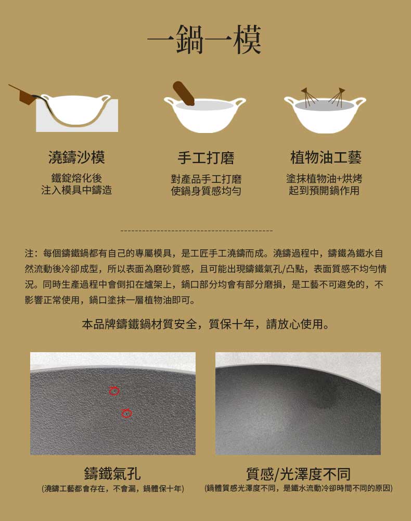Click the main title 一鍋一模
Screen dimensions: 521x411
pyautogui.click(x=204, y=40)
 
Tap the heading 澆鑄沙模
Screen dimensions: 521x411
pyautogui.click(x=76, y=157)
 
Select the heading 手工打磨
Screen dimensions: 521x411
pyautogui.click(x=205, y=157)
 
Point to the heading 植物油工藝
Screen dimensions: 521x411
pyautogui.click(x=326, y=157)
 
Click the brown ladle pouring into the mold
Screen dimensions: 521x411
pyautogui.click(x=24, y=95)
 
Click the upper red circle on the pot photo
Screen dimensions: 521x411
pyautogui.click(x=114, y=391)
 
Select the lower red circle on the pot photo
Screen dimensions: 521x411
pyautogui.click(x=126, y=413)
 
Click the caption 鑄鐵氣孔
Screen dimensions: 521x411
pyautogui.click(x=112, y=474)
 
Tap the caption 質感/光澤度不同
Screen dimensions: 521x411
pyautogui.click(x=298, y=474)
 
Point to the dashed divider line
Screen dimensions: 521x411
pyautogui.click(x=196, y=230)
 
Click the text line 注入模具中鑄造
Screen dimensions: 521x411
pyautogui.click(x=76, y=190)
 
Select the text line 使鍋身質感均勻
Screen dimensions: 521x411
pyautogui.click(x=206, y=191)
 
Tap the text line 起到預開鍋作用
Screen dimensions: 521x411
pyautogui.click(x=324, y=190)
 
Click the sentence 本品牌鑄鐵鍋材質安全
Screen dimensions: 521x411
pyautogui.click(x=205, y=325)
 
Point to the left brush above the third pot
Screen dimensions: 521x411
pyautogui.click(x=310, y=97)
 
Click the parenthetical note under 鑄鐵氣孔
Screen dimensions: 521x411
pyautogui.click(x=113, y=488)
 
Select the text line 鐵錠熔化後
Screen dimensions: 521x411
pyautogui.click(x=76, y=178)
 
